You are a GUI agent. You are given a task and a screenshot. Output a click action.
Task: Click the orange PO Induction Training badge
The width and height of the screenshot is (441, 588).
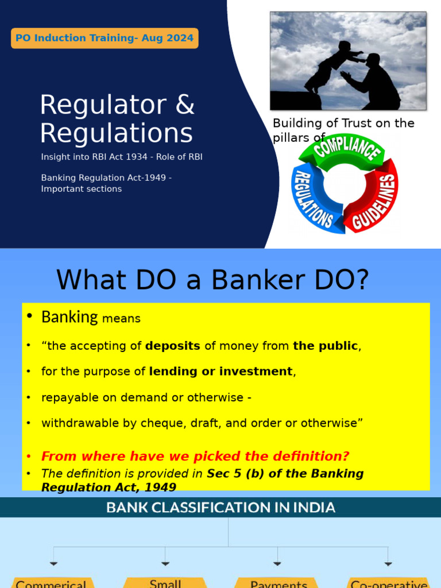coord(105,38)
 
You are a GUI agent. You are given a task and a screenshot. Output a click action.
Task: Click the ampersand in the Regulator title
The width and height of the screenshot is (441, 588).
coord(184,105)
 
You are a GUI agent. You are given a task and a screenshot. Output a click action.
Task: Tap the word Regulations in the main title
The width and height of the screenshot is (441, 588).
coord(117,133)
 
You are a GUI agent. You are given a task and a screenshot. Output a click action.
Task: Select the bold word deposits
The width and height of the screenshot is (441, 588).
coord(173,346)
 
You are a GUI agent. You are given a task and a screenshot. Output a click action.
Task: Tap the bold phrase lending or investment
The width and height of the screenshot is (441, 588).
coord(221,372)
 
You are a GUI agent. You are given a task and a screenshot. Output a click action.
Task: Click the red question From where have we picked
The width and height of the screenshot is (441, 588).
coord(195,457)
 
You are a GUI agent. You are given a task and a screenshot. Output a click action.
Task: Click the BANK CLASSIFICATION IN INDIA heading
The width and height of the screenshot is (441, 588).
coord(220,508)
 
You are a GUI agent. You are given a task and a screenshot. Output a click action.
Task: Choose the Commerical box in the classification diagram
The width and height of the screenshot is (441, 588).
coord(52,583)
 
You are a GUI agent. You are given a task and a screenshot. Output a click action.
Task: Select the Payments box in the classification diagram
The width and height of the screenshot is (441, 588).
coord(278,583)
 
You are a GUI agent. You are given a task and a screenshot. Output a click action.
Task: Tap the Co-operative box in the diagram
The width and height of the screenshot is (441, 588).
coord(389,583)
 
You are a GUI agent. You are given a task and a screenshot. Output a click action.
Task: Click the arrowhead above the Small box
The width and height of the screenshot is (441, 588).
coord(165,564)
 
